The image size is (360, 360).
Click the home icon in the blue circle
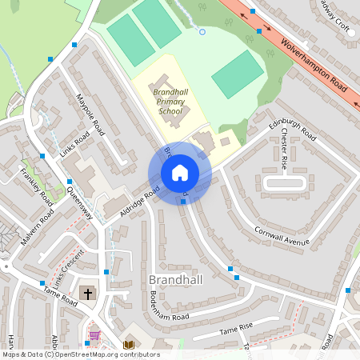point(179,173)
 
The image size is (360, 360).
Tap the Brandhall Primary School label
point(170,102)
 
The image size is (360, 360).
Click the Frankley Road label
point(36,186)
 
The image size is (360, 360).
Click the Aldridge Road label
point(140,200)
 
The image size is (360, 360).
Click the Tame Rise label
point(235,329)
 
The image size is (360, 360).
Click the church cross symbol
point(88,294)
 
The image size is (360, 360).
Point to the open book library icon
point(128,345)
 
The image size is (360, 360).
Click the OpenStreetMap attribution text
point(81,354)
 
